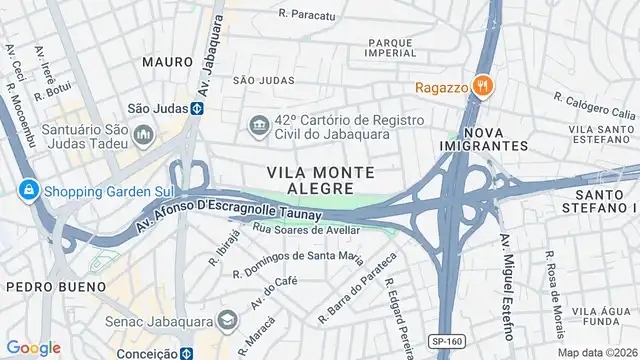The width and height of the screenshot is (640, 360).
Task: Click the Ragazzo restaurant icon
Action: click(482, 85)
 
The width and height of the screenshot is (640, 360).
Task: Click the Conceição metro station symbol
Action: click(186, 352)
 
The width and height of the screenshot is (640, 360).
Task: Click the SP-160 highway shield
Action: click(447, 342)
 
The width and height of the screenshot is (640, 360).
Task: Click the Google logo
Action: click(33, 347)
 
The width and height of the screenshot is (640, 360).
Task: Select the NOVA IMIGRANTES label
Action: click(482, 138)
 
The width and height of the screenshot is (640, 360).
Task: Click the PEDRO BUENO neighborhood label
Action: click(56, 286)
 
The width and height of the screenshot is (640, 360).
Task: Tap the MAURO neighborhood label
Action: click(167, 61)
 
